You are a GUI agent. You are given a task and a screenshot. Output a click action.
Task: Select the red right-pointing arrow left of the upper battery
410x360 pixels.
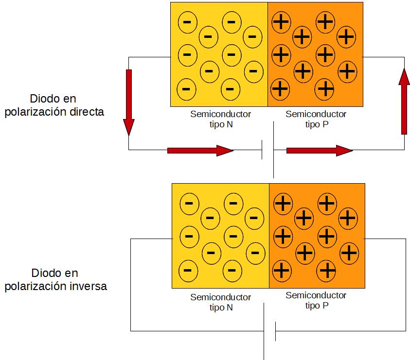pyautogui.click(x=200, y=151)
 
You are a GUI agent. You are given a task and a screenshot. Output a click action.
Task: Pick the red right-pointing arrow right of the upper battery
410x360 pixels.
pyautogui.click(x=319, y=151)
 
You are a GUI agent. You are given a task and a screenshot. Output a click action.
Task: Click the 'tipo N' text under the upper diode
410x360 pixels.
pyautogui.click(x=220, y=124)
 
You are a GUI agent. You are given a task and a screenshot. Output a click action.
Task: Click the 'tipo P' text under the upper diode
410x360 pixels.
pyautogui.click(x=316, y=124)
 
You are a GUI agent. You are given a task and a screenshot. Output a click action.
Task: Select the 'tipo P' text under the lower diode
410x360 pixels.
pyautogui.click(x=316, y=306)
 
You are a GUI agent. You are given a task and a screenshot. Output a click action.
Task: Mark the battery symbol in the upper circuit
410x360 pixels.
pyautogui.click(x=268, y=150)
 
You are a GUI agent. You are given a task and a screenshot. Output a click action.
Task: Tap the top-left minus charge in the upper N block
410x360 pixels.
pyautogui.click(x=187, y=22)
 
